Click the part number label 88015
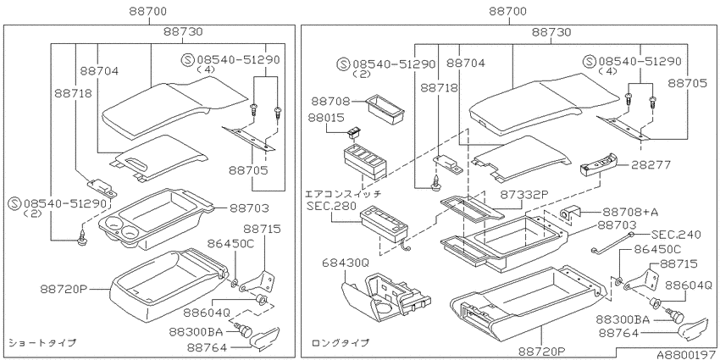coord(328,118)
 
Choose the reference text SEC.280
coord(331,205)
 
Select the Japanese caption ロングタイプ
coord(341,342)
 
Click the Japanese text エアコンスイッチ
coord(343,194)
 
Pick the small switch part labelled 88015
coord(354,132)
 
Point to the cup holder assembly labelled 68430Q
coord(385,297)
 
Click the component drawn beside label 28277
coord(597,164)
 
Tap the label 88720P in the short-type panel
coord(64,290)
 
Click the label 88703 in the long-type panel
coord(617,224)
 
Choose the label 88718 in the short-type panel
coord(73,93)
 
